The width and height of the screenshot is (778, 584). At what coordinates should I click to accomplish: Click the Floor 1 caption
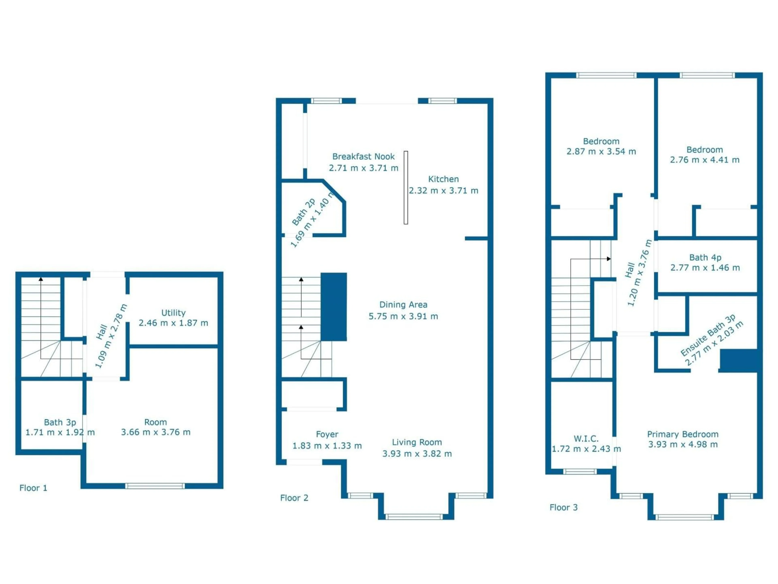[x=33, y=488]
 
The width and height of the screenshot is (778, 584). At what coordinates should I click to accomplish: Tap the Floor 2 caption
[x=294, y=498]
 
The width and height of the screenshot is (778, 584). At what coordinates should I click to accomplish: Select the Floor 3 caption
[x=563, y=507]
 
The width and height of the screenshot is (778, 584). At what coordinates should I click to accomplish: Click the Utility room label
[x=173, y=313]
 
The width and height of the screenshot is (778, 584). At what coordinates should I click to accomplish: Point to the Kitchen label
[x=443, y=179]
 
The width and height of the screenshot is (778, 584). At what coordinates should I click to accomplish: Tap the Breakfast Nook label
[x=363, y=157]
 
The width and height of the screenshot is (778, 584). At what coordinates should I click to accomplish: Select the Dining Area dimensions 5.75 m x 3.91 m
[x=403, y=317]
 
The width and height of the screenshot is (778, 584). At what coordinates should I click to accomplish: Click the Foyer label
[x=327, y=434]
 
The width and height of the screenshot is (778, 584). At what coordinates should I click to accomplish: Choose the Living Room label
[x=417, y=442]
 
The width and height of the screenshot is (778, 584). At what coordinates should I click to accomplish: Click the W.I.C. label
[x=586, y=439]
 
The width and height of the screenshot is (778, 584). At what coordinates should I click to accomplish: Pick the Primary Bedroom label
[x=683, y=434]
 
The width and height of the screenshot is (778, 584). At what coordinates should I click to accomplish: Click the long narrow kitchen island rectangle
[x=406, y=188]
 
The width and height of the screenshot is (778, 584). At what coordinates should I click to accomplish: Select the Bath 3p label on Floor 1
[x=60, y=422]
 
